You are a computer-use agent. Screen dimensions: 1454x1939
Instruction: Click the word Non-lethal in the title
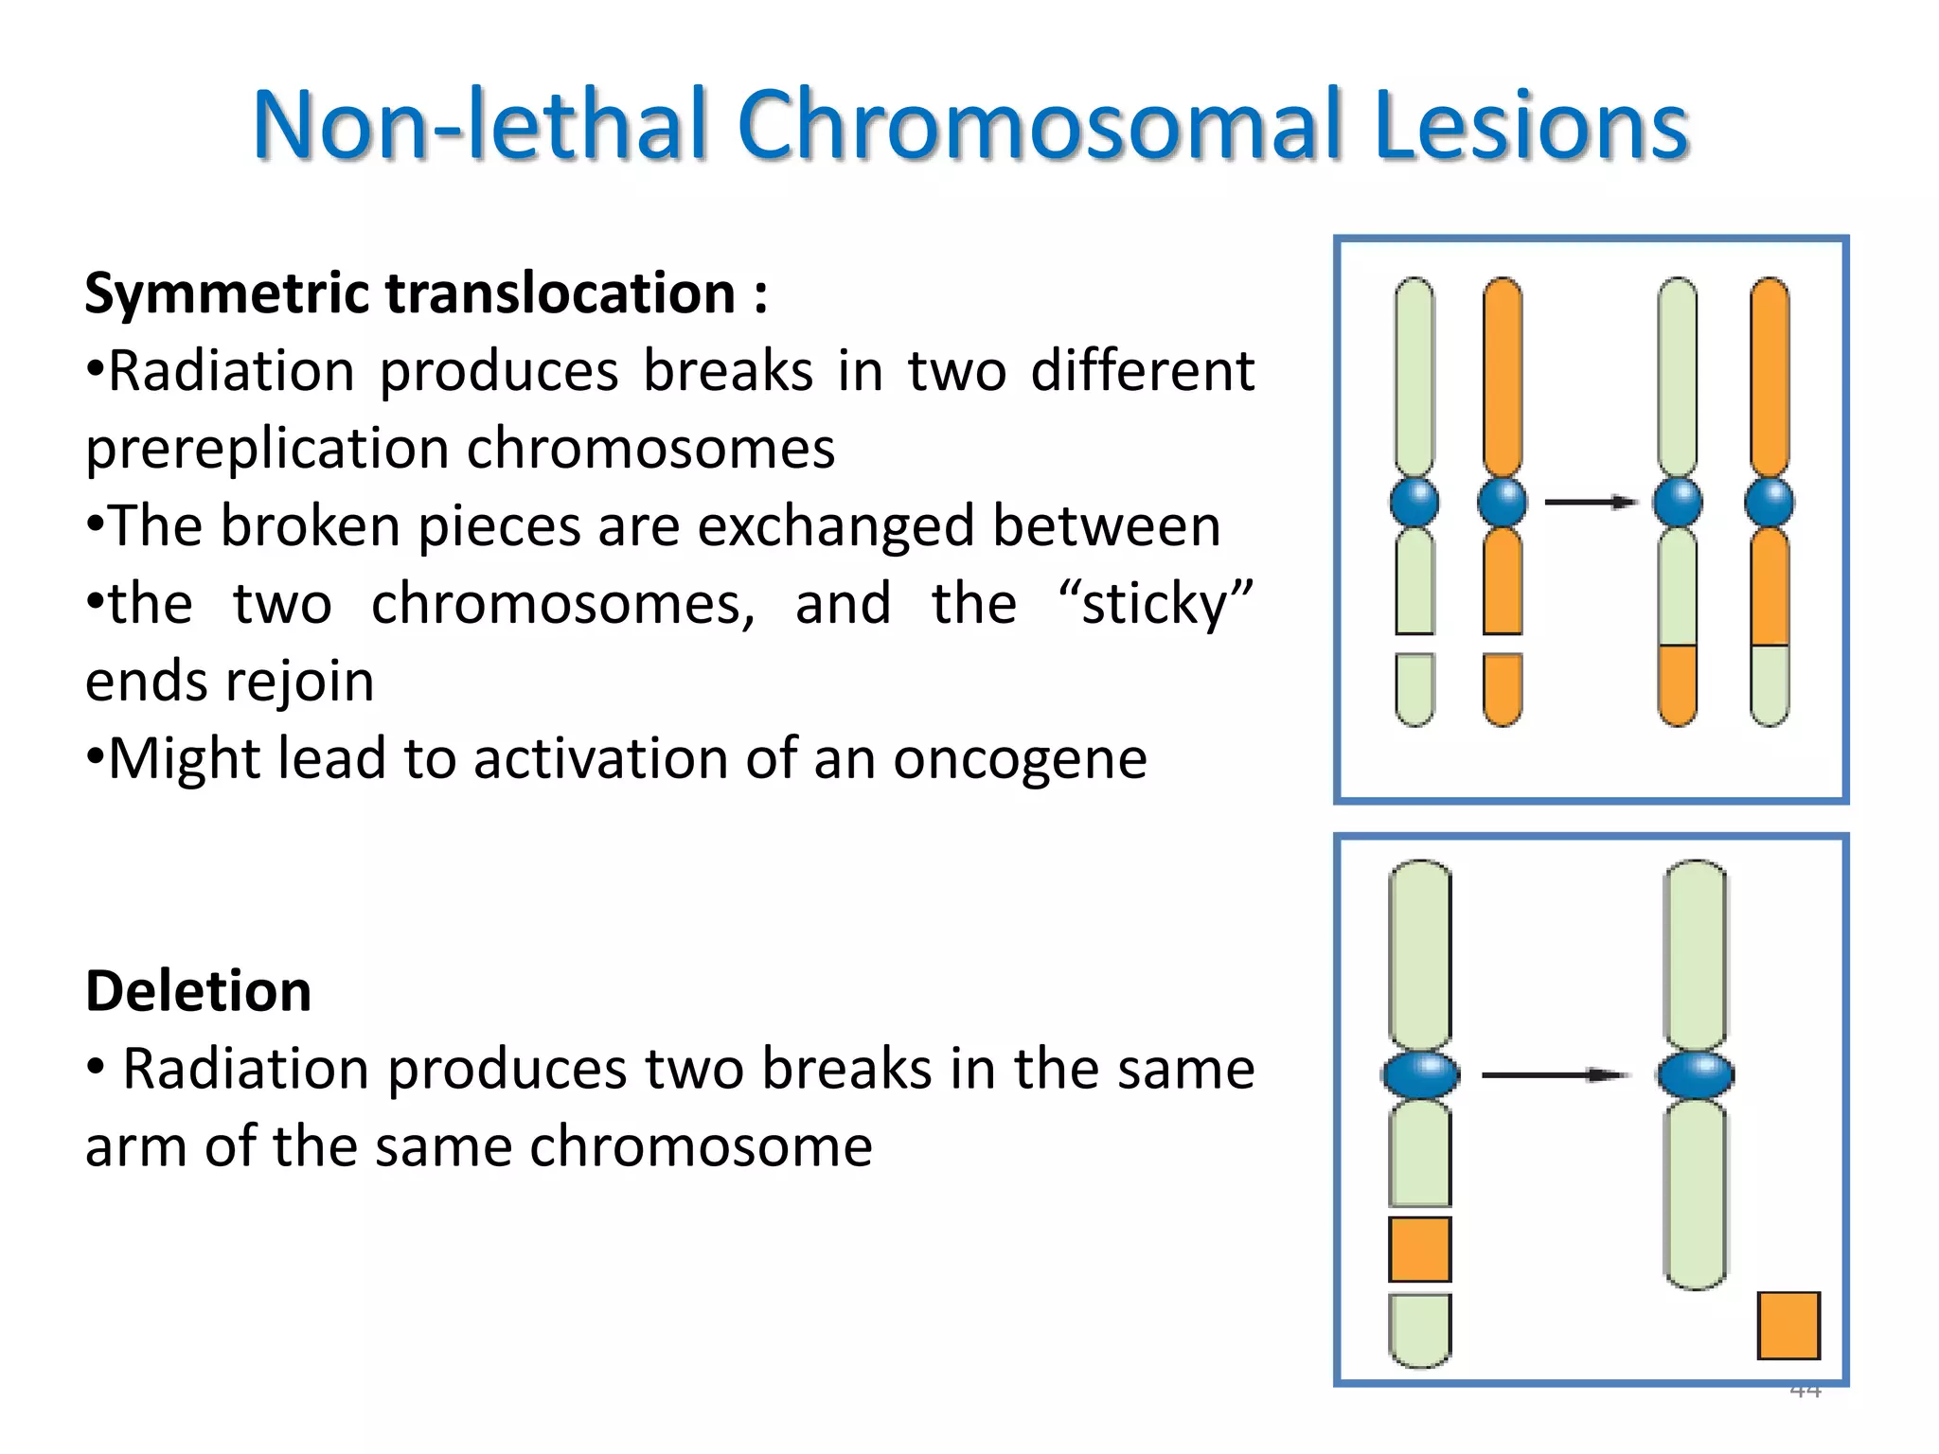pyautogui.click(x=481, y=125)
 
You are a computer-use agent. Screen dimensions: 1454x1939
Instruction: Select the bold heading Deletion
pyautogui.click(x=198, y=992)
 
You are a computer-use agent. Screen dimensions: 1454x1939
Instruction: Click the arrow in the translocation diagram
pyautogui.click(x=1591, y=502)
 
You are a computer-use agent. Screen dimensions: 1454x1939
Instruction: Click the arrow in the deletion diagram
pyautogui.click(x=1555, y=1075)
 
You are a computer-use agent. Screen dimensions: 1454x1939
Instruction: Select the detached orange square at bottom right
pyautogui.click(x=1788, y=1325)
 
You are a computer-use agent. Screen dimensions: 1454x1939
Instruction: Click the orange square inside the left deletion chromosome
pyautogui.click(x=1419, y=1250)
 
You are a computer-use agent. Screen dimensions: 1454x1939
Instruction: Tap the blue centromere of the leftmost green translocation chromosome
pyautogui.click(x=1414, y=502)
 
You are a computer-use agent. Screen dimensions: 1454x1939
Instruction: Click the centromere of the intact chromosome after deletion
pyautogui.click(x=1695, y=1075)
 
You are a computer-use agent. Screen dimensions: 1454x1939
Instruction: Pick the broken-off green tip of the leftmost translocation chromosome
pyautogui.click(x=1414, y=689)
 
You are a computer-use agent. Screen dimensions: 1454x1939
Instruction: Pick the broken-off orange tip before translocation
pyautogui.click(x=1503, y=689)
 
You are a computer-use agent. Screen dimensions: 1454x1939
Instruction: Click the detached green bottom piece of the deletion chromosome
pyautogui.click(x=1419, y=1330)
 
